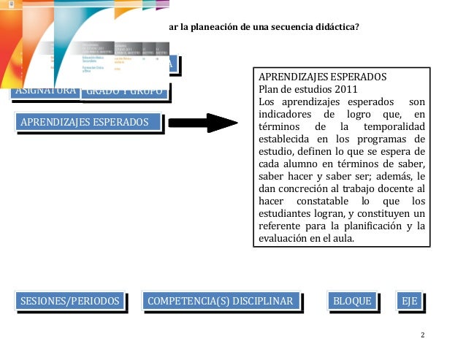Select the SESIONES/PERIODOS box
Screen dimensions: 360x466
(x=70, y=301)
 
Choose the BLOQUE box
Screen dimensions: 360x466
(x=352, y=301)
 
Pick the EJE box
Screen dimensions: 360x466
(x=409, y=301)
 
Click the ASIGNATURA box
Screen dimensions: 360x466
(x=44, y=92)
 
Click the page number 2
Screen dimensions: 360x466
(x=423, y=334)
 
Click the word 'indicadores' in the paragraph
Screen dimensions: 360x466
(x=287, y=115)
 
